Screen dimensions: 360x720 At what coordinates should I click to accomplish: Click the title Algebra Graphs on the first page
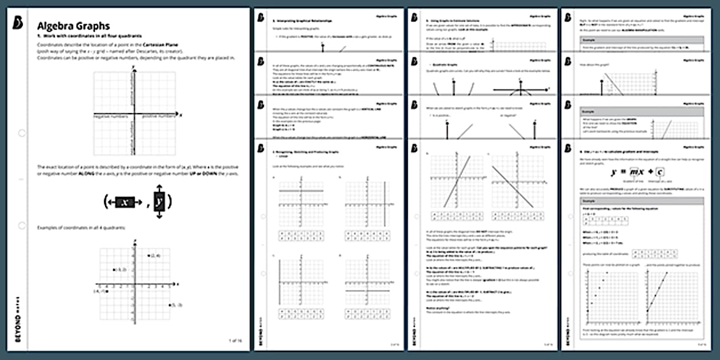tap(73, 26)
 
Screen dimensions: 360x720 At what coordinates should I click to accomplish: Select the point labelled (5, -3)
tap(170, 305)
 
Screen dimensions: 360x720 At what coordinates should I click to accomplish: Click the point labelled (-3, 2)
tap(114, 270)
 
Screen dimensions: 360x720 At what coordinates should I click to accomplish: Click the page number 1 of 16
tap(235, 341)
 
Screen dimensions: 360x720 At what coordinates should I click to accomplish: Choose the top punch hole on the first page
tap(22, 133)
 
